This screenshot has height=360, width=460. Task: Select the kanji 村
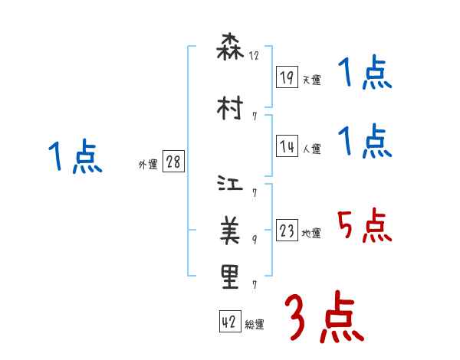[x=230, y=108]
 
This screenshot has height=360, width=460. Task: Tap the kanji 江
[x=230, y=186]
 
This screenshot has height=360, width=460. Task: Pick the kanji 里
[x=230, y=277]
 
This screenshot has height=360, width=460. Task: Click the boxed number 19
[x=287, y=77]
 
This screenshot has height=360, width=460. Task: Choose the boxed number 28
[x=173, y=162]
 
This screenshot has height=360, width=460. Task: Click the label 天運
[x=312, y=80]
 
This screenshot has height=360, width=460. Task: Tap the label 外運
[x=148, y=164]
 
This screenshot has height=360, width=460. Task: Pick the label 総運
[x=255, y=325]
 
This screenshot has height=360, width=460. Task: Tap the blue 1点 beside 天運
[x=364, y=74]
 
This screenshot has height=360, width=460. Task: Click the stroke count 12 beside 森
[x=254, y=56]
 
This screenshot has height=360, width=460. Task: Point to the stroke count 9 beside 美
[x=254, y=239]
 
